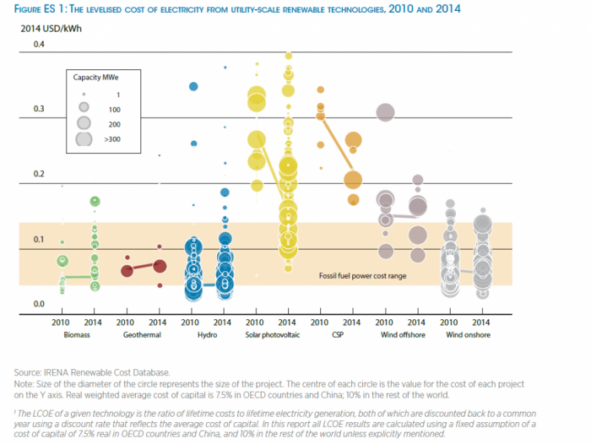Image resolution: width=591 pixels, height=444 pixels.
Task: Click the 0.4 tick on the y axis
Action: click(39, 43)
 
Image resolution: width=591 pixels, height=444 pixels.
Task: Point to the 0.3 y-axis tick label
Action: click(39, 109)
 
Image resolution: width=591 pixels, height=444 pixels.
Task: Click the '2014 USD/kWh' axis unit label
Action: click(48, 29)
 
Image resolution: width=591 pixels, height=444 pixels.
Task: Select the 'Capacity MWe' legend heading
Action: click(92, 78)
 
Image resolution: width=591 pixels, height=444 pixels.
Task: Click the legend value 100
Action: click(114, 108)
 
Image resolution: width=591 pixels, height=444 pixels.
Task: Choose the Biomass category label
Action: click(77, 335)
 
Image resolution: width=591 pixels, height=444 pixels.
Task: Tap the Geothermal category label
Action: click(141, 335)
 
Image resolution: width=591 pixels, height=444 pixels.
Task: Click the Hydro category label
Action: click(207, 335)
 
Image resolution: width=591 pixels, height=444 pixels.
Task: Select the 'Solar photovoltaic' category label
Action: click(271, 335)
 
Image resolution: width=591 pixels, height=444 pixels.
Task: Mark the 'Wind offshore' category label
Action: click(400, 335)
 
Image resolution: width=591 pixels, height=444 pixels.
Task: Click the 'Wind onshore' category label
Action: click(465, 335)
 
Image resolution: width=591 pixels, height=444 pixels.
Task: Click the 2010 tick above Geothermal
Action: click(125, 322)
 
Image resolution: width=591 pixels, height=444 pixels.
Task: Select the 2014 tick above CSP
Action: click(352, 322)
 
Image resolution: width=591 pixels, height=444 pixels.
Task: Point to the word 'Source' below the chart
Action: click(27, 372)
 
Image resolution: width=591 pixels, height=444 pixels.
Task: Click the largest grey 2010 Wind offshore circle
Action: click(385, 111)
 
